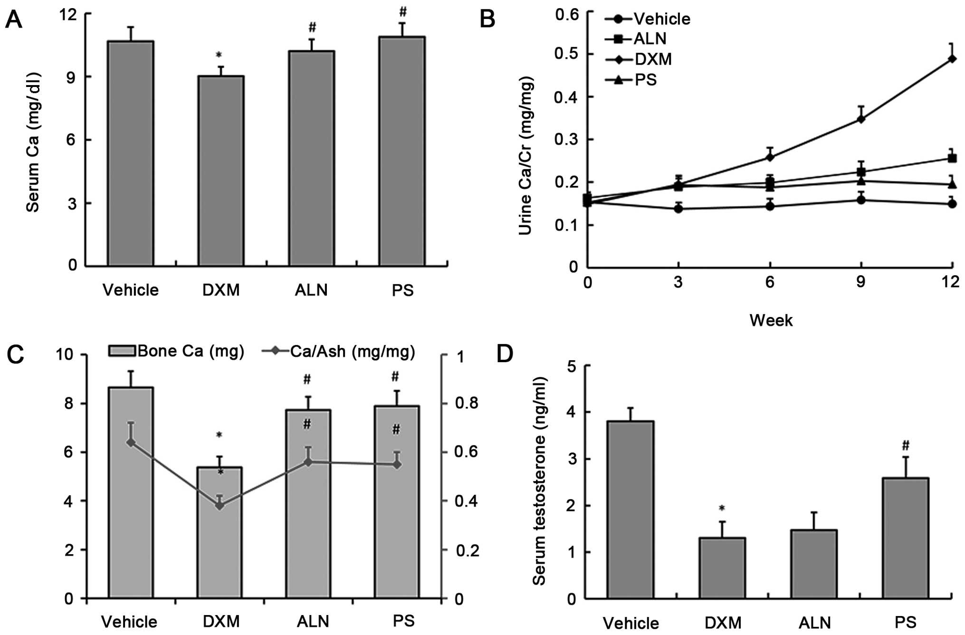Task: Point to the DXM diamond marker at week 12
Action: (x=952, y=59)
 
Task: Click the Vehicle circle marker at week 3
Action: (x=678, y=209)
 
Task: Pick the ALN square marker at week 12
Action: (x=952, y=158)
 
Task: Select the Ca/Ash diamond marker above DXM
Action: (x=220, y=506)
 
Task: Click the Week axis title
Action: (x=771, y=320)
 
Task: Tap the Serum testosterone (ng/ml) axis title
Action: (x=539, y=481)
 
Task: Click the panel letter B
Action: (x=487, y=20)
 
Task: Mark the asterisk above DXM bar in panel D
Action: (x=722, y=509)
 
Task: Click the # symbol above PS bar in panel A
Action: (x=402, y=13)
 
